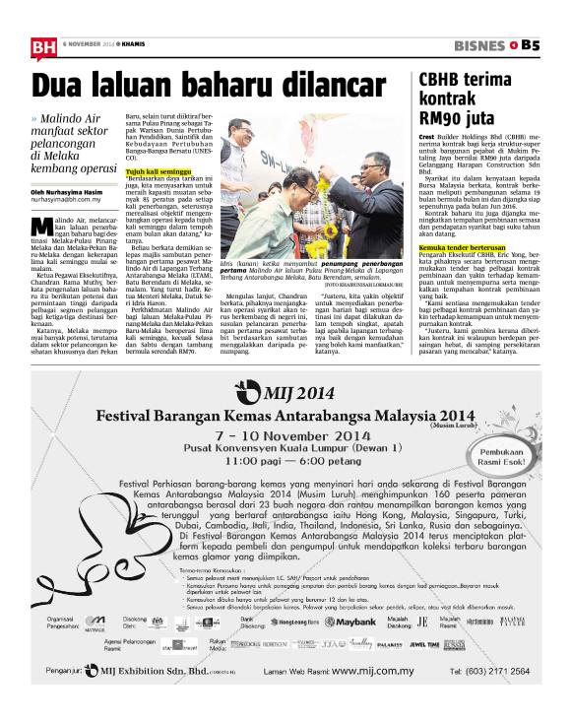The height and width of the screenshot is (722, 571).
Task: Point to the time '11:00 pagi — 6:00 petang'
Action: point(287,461)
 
